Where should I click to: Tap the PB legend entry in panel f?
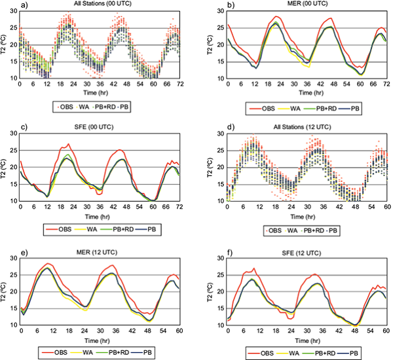[358, 353]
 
